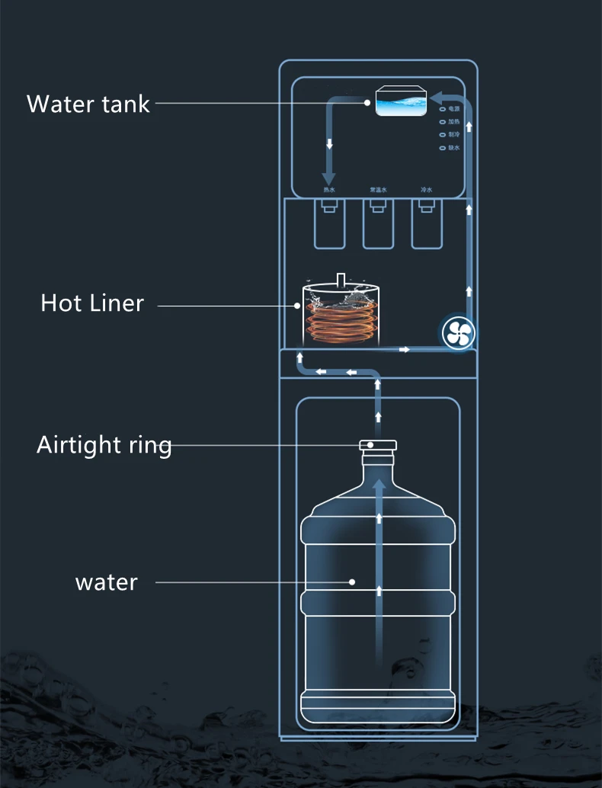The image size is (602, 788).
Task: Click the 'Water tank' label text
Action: click(x=88, y=104)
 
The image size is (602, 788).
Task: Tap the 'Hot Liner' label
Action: click(x=92, y=303)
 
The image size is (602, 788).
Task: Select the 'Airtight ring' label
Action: click(x=104, y=444)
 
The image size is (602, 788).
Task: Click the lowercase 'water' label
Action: click(x=107, y=583)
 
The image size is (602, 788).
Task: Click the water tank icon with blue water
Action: click(x=401, y=103)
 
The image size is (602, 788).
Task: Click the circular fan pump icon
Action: click(x=459, y=332)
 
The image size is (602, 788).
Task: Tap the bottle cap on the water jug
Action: click(x=379, y=445)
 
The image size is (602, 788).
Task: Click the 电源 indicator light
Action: click(x=442, y=109)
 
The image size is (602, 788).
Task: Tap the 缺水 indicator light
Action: click(x=442, y=148)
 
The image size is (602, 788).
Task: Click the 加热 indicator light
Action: click(x=442, y=122)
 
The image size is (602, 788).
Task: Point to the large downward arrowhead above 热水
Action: click(x=329, y=177)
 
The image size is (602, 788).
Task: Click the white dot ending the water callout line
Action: click(x=352, y=582)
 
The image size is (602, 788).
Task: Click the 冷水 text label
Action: click(x=427, y=189)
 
